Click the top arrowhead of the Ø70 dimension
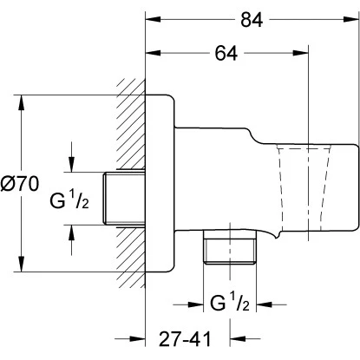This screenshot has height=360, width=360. point(20,97)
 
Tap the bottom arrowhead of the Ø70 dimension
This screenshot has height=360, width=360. point(20,271)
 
